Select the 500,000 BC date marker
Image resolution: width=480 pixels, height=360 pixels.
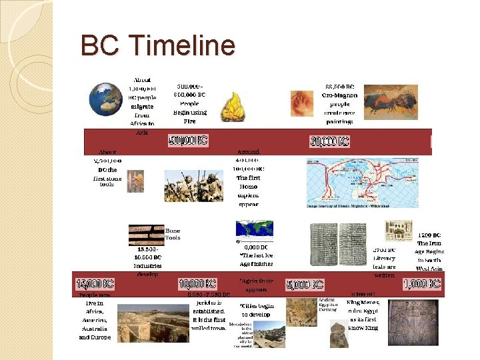[x=188, y=141]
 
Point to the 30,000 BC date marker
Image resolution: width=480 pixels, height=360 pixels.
[x=329, y=141]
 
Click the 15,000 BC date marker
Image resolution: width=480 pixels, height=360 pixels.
[x=95, y=283]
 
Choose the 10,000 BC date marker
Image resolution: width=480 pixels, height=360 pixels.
[x=197, y=284]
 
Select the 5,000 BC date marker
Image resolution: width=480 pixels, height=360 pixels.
[x=305, y=285]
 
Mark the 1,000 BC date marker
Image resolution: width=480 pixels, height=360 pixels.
[x=421, y=283]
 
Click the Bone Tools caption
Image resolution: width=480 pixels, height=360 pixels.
[x=173, y=234]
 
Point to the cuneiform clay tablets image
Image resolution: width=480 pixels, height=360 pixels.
[x=338, y=245]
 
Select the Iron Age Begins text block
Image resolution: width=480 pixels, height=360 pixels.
[x=429, y=251]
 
